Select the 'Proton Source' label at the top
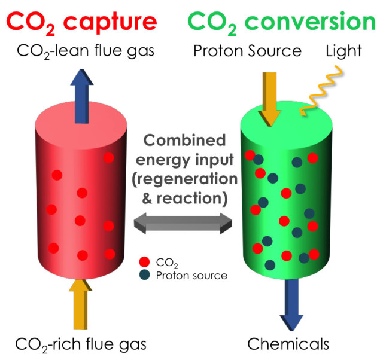pos(247,51)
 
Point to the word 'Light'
pos(343,51)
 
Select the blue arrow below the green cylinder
pos(293,302)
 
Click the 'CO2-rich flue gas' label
pos(81,345)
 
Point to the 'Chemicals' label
pos(288,345)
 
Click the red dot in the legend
pos(144,262)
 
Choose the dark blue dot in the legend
pos(144,276)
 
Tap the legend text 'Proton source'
pos(191,276)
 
